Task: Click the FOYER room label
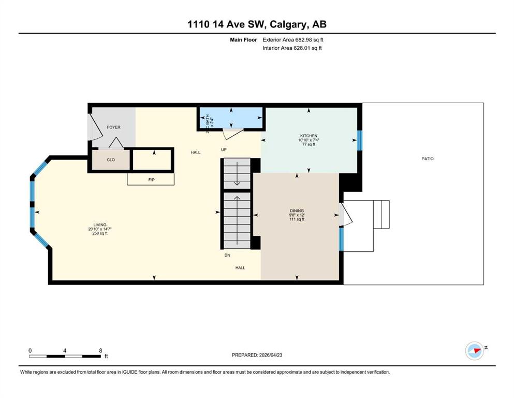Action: (x=114, y=127)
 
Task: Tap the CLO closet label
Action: (x=111, y=160)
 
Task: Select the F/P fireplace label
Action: (x=151, y=180)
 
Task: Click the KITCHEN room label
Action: (x=309, y=136)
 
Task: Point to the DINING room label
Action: (x=297, y=210)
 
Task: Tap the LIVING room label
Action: (x=100, y=225)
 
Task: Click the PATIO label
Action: (x=428, y=159)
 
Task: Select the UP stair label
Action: (x=224, y=150)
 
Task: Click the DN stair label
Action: (x=227, y=255)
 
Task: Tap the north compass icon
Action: (x=475, y=351)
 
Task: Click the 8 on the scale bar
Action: (x=100, y=350)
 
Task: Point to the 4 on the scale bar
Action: (x=65, y=350)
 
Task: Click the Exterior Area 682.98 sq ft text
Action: (x=293, y=40)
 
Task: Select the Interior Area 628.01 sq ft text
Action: (x=292, y=48)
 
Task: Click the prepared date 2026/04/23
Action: (x=271, y=355)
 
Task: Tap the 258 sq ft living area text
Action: (x=100, y=233)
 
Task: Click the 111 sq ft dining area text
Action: (x=297, y=219)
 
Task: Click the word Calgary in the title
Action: (x=288, y=24)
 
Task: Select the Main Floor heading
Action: (x=243, y=40)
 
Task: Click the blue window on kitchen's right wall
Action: (x=360, y=140)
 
